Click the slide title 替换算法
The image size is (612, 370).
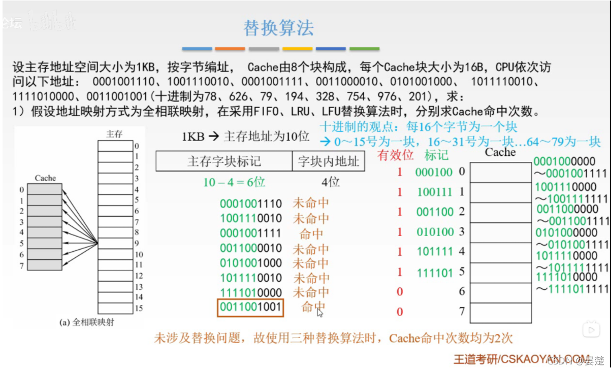(x=278, y=28)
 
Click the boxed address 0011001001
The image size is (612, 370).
(x=250, y=308)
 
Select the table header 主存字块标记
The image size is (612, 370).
(x=224, y=162)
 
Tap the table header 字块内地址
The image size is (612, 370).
(x=328, y=162)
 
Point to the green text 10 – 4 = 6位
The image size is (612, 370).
(x=234, y=182)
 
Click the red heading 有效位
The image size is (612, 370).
(x=396, y=155)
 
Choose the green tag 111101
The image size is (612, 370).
(x=434, y=273)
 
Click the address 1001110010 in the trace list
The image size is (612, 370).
(x=250, y=219)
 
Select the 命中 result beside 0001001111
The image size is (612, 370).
(x=311, y=234)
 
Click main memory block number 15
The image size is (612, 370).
(x=139, y=308)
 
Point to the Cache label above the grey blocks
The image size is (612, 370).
(x=45, y=178)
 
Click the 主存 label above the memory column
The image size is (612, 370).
(x=114, y=134)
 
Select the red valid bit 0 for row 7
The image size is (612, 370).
(x=400, y=312)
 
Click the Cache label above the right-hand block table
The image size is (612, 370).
(x=500, y=152)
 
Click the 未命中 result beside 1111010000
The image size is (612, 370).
(x=311, y=292)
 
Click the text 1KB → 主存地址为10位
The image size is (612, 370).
(x=245, y=137)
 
